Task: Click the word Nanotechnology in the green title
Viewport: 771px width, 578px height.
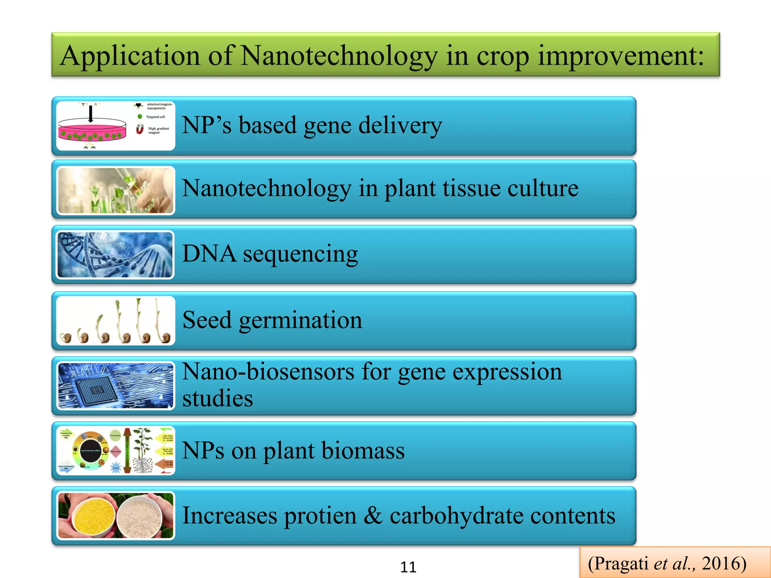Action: (339, 56)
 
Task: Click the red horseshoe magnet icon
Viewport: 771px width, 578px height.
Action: (140, 129)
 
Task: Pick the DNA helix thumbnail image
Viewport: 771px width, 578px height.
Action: (115, 255)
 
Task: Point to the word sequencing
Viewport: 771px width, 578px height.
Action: (300, 254)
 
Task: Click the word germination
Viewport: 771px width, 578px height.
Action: (300, 321)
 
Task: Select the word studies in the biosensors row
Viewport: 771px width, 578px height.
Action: (218, 399)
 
